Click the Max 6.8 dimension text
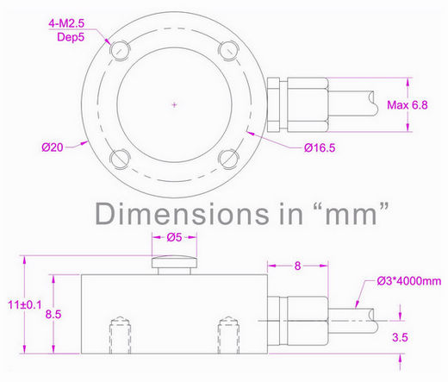408,105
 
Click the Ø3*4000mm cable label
408,280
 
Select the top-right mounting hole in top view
227,48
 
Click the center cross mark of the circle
174,103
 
